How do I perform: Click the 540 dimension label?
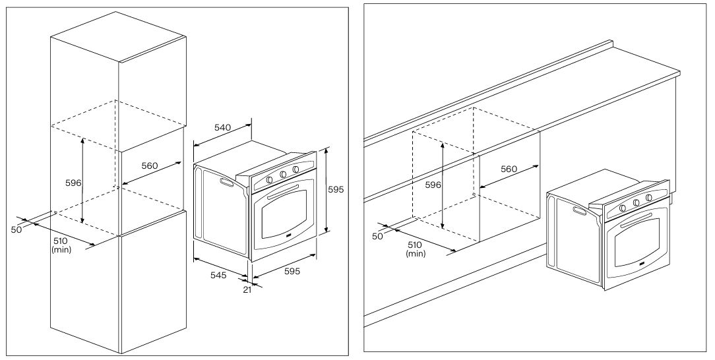coord(222,128)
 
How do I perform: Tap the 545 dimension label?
coord(218,275)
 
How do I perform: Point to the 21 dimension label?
coord(247,289)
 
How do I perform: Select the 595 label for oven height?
coord(336,190)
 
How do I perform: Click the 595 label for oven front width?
coord(292,271)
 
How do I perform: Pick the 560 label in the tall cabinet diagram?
coord(150,166)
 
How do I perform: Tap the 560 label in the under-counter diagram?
coord(509,169)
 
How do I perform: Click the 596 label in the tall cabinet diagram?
coord(73,183)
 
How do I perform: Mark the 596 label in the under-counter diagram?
coord(433,185)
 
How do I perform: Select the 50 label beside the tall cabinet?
coord(16,229)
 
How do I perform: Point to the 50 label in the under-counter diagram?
coord(377,236)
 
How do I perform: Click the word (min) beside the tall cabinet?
coord(61,249)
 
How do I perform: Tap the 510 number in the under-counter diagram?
coord(414,245)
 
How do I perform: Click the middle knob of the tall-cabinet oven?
coord(283,175)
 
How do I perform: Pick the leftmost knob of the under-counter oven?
coord(623,208)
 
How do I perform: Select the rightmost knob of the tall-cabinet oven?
coord(296,169)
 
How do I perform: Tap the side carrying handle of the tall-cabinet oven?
coord(226,182)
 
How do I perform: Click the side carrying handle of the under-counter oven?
coord(580,211)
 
